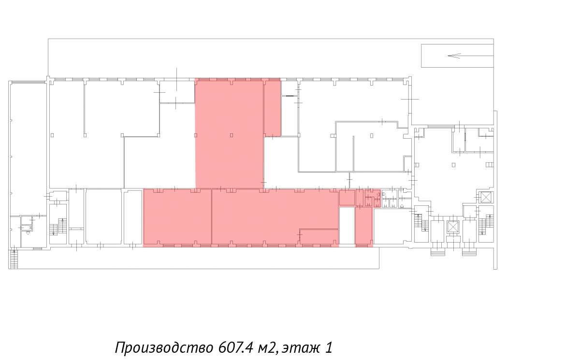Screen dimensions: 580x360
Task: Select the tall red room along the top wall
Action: pyautogui.click(x=230, y=133)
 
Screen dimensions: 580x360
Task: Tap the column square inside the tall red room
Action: pyautogui.click(x=231, y=135)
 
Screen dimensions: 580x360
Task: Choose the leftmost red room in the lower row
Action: pyautogui.click(x=178, y=217)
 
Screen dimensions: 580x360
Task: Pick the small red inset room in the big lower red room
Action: pyautogui.click(x=319, y=237)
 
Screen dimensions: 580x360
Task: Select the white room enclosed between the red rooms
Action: pyautogui.click(x=347, y=225)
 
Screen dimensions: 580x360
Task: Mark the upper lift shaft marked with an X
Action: pyautogui.click(x=486, y=198)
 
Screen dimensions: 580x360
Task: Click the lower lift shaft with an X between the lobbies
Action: pyautogui.click(x=452, y=227)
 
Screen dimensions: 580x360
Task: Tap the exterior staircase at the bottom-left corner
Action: pyautogui.click(x=14, y=259)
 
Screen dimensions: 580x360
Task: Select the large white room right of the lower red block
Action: pyautogui.click(x=392, y=226)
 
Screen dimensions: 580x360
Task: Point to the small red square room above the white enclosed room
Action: pyautogui.click(x=347, y=198)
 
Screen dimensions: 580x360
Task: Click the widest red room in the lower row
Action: pyautogui.click(x=275, y=217)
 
